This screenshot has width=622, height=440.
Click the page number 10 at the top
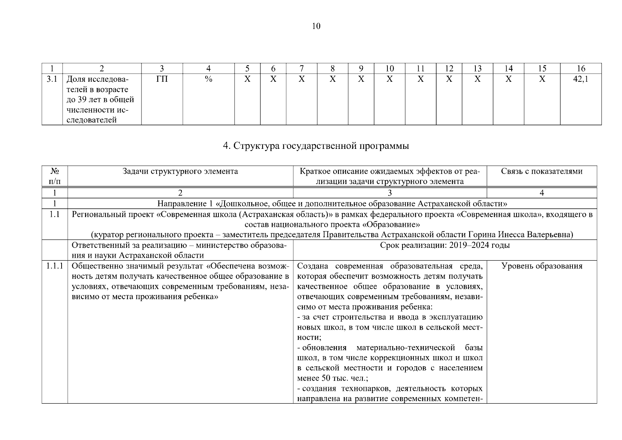click(316, 26)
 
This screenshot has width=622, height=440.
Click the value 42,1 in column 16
click(581, 79)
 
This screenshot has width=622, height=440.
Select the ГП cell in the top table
click(162, 79)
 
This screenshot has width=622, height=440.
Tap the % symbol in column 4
click(209, 79)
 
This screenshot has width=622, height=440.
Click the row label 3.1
click(52, 79)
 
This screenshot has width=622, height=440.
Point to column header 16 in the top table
click(581, 68)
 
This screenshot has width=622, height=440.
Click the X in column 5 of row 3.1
click(247, 79)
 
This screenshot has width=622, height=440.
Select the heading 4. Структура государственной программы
click(316, 146)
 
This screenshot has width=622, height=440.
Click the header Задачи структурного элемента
click(180, 171)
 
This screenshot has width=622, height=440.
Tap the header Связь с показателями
click(542, 171)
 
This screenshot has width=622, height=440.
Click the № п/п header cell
click(55, 176)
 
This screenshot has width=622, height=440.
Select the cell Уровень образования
click(542, 266)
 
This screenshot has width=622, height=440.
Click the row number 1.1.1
click(55, 266)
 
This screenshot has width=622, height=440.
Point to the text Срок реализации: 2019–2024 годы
click(445, 245)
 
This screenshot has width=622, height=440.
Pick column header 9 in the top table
click(361, 68)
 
